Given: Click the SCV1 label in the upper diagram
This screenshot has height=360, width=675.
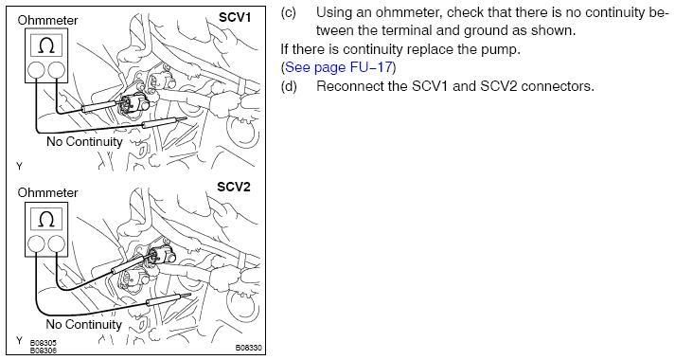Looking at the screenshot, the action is pos(234,17).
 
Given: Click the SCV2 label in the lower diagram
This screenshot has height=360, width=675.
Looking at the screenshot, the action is pos(233,187).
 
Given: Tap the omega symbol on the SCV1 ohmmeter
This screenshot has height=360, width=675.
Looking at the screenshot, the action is pos(46,45).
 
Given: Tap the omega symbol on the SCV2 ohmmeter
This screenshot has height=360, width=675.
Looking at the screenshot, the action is pos(46,219).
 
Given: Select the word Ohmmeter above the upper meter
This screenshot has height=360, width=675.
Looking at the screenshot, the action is pos(47,20).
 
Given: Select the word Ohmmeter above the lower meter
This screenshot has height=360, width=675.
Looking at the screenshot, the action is pos(47,192).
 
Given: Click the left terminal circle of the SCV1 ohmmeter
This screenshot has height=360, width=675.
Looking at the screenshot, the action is pos(36,70).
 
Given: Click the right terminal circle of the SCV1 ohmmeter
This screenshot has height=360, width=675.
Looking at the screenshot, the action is pos(57,70).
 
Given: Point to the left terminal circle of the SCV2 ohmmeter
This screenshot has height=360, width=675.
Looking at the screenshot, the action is pos(36,244).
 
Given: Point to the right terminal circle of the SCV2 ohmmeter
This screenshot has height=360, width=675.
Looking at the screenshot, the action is pos(57,244).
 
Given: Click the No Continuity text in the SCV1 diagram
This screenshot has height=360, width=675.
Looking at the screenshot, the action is pos(84,142).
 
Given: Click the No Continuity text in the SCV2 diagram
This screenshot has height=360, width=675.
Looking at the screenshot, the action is pos(84,324).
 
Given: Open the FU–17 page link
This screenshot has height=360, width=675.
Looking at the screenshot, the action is pos(338,67).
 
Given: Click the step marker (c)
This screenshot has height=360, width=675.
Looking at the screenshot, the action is pos(289,12).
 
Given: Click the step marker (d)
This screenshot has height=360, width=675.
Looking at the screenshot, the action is pos(289,86).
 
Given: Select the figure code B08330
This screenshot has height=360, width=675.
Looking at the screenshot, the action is pos(248,347).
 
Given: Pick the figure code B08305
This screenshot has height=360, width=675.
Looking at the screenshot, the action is pos(43,343).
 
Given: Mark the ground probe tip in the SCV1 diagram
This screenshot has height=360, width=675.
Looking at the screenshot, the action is pos(186,118).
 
